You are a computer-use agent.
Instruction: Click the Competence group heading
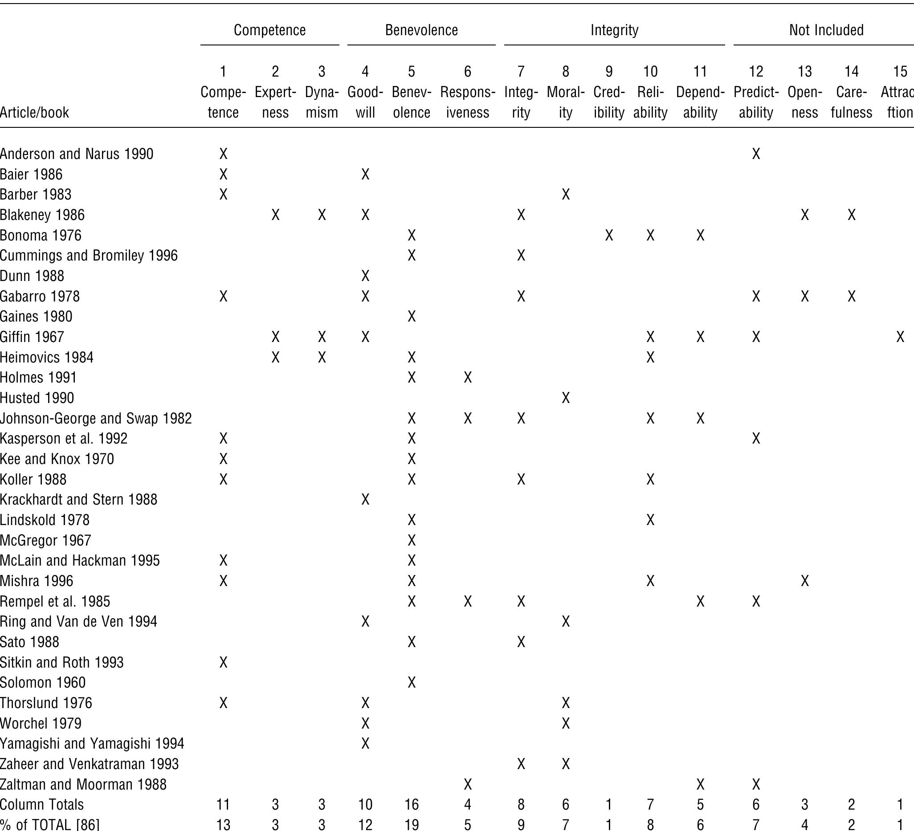(x=269, y=30)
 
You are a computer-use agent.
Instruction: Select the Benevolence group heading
(x=421, y=30)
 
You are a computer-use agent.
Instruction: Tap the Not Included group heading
(x=826, y=30)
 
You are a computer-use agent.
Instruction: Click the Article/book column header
(x=34, y=112)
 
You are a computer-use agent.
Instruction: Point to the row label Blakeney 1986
(x=42, y=215)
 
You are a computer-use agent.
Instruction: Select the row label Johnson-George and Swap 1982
(x=96, y=418)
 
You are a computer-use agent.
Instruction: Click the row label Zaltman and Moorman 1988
(x=83, y=784)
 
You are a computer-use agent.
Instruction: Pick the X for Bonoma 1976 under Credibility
(x=609, y=235)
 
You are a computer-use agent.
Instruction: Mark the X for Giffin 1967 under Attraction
(x=900, y=337)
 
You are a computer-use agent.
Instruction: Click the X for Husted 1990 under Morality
(x=565, y=398)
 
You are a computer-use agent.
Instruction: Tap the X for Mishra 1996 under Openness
(x=804, y=581)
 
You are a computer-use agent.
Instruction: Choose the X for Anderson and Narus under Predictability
(x=756, y=154)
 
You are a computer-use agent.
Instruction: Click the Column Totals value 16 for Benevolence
(x=411, y=805)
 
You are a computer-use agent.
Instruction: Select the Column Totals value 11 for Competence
(x=223, y=805)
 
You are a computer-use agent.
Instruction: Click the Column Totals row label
(x=42, y=805)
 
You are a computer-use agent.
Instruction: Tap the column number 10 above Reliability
(x=650, y=72)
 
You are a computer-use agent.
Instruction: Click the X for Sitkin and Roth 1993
(x=223, y=662)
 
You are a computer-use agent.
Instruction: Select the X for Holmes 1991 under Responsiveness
(x=467, y=378)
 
